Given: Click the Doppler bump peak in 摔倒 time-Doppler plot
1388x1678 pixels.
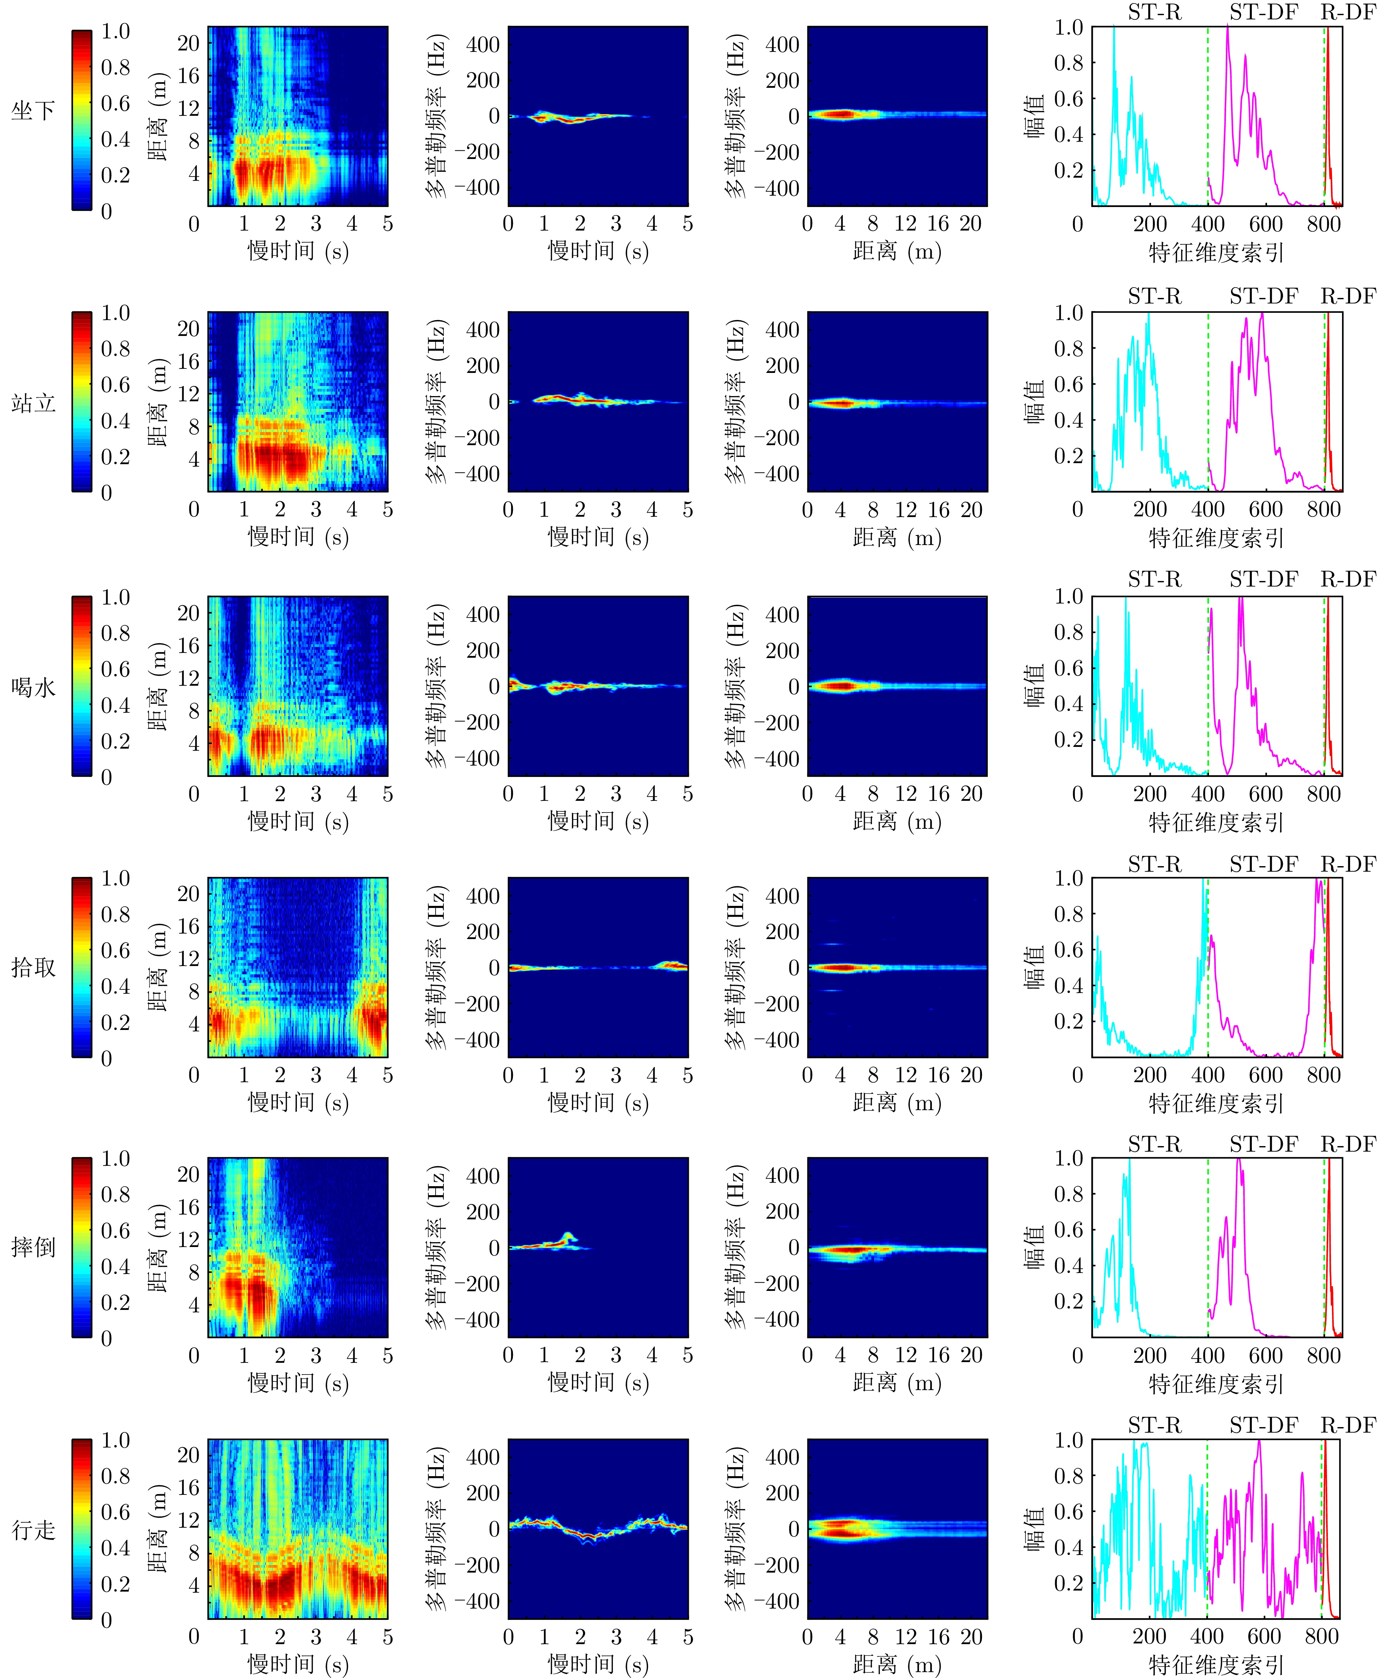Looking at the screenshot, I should pos(568,1235).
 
